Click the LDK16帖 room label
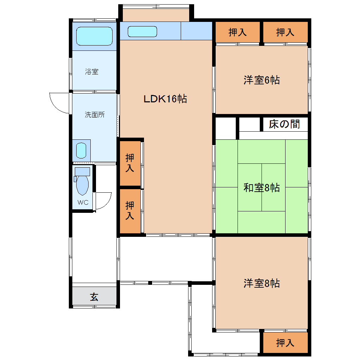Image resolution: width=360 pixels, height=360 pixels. click(165, 99)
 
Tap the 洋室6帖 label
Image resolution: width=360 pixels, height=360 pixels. click(262, 80)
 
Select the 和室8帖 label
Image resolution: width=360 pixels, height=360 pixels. click(262, 187)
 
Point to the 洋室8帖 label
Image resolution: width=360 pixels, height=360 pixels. click(262, 283)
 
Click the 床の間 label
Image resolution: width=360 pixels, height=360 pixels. click(284, 124)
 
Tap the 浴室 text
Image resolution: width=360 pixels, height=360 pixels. click(92, 72)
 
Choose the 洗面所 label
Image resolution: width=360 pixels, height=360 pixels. click(95, 115)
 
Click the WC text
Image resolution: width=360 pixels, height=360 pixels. click(83, 202)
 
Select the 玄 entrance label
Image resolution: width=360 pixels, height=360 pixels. click(94, 297)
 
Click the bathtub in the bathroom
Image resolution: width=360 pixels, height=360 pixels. click(94, 36)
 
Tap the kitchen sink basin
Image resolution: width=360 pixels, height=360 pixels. click(142, 31)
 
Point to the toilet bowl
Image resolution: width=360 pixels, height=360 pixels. click(82, 185)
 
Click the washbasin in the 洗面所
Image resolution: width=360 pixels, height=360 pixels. click(81, 151)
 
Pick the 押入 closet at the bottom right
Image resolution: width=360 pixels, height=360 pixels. click(285, 343)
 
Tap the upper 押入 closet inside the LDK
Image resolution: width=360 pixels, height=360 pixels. click(130, 163)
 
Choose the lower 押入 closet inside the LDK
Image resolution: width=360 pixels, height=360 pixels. click(130, 211)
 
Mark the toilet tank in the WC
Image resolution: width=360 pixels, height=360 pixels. click(82, 172)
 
